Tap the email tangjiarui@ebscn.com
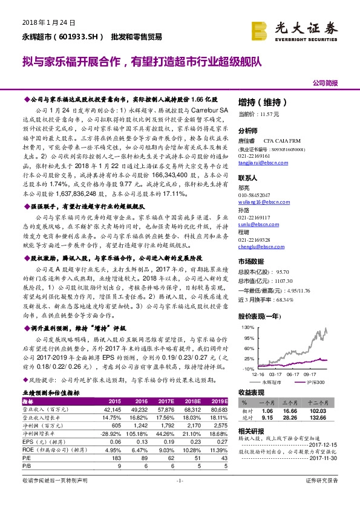coord(258,162)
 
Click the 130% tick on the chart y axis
coord(246,327)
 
